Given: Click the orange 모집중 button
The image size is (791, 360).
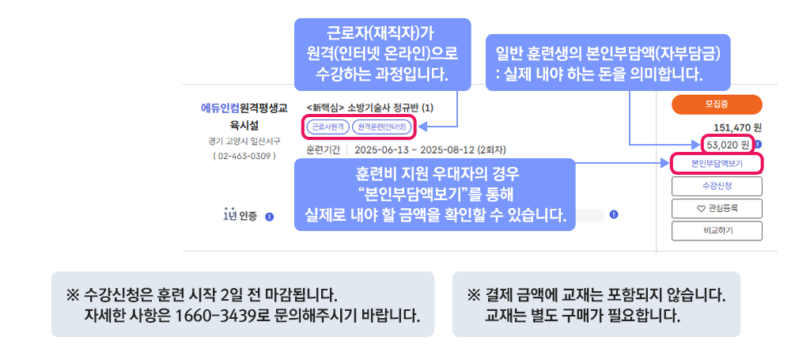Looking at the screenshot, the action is coord(716,104).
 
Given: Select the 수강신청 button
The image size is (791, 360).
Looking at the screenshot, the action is coord(716,186).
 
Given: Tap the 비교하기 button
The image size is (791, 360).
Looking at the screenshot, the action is coord(716,230).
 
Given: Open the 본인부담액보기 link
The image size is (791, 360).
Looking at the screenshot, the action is coord(716,164).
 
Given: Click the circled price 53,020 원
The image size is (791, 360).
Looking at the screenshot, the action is coord(728,144).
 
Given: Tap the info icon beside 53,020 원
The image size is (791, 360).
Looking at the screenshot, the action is coord(758,144).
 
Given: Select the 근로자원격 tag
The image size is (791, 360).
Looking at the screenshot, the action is coord(327,126).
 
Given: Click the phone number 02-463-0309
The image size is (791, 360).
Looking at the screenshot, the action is coord(244,156).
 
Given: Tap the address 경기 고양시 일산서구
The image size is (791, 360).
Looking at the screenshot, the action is coord(244,142).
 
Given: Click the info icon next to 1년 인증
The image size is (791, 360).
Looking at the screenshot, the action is coord(269,215).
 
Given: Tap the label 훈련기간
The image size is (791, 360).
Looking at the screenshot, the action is coord(323,149).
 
